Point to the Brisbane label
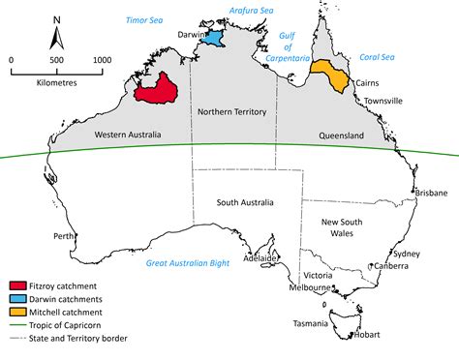(x=429, y=193)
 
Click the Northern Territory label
(x=233, y=112)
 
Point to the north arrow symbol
(x=57, y=35)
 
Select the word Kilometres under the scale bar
(x=57, y=84)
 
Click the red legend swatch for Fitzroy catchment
(x=17, y=285)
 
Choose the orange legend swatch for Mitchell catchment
(x=17, y=312)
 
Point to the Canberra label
(x=391, y=266)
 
